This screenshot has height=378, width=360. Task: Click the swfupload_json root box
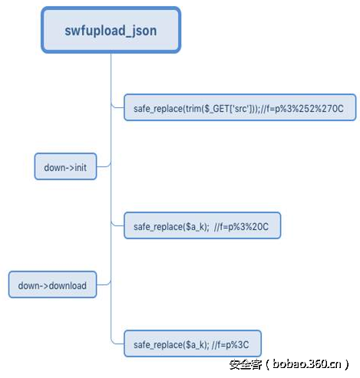(111, 31)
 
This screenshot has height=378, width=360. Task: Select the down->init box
(65, 166)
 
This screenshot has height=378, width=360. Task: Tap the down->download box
(52, 286)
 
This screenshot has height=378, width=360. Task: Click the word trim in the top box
(191, 108)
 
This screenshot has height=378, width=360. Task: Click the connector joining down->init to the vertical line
(104, 165)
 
